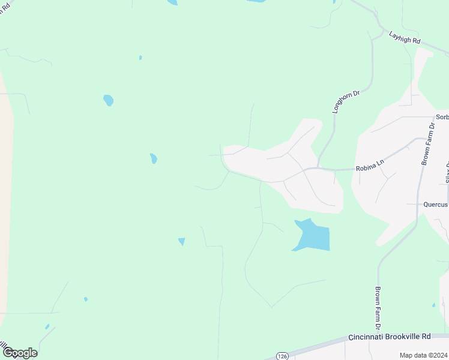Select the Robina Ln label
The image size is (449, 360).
click(370, 165)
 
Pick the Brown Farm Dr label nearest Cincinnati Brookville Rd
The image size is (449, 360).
click(379, 308)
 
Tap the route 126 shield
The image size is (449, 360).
click(283, 356)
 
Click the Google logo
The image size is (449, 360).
click(20, 353)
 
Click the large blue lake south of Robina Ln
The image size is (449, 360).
click(313, 236)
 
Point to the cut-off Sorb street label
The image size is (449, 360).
click(442, 117)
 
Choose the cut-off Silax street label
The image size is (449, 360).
click(447, 173)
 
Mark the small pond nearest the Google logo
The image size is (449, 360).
click(47, 327)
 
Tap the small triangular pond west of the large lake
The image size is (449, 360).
click(181, 241)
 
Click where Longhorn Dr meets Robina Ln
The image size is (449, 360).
click(318, 168)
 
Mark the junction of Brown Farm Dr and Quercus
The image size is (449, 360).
click(418, 204)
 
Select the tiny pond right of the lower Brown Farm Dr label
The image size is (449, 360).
click(433, 305)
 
